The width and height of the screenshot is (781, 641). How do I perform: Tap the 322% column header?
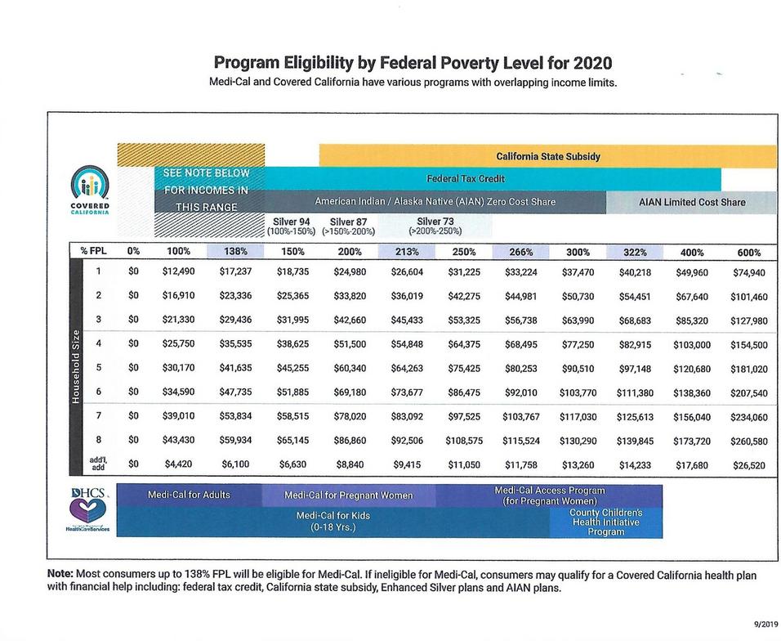click(635, 252)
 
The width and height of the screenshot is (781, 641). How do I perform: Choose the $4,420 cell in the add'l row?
click(178, 464)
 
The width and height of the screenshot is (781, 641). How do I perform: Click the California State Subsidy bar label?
click(547, 156)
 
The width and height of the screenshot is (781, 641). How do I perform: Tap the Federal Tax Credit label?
click(466, 178)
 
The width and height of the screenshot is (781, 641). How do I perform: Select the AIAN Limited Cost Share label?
click(691, 202)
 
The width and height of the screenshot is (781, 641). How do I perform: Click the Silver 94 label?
click(292, 221)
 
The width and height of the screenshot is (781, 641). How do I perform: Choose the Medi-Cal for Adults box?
click(189, 495)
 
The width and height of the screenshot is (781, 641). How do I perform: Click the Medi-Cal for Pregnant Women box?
click(348, 495)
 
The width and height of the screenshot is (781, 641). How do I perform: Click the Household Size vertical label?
click(75, 367)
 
